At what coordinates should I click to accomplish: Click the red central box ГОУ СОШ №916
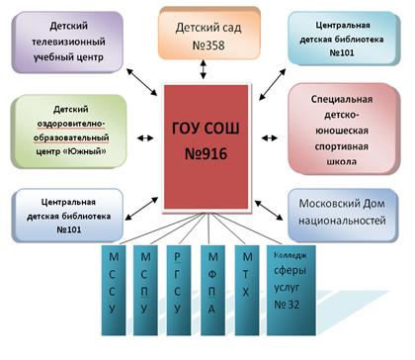tap(207, 147)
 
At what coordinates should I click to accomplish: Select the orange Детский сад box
tap(209, 34)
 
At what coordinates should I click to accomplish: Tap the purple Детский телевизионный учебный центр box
tap(67, 42)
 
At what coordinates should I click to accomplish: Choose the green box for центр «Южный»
tap(69, 132)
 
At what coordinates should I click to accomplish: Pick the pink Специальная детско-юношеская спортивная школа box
tap(343, 130)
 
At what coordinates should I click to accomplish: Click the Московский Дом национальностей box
tap(343, 215)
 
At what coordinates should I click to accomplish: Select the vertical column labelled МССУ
tap(114, 290)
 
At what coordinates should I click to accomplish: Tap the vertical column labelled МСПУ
tap(145, 290)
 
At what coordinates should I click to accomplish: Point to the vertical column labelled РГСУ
tap(179, 290)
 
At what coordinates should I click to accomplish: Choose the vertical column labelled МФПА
tap(212, 290)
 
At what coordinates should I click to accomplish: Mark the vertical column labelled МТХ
tap(247, 290)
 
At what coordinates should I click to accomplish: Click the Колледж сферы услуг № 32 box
tap(291, 290)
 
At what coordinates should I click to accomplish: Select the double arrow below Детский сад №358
tap(204, 69)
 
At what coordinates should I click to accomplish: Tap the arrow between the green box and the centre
tap(145, 138)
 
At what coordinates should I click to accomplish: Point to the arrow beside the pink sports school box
tap(270, 138)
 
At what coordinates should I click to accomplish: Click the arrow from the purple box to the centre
tap(142, 82)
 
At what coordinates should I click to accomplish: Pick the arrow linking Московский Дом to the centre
tap(269, 210)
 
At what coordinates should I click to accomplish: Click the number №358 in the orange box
tap(208, 45)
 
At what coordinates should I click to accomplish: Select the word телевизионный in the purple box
tap(68, 42)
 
